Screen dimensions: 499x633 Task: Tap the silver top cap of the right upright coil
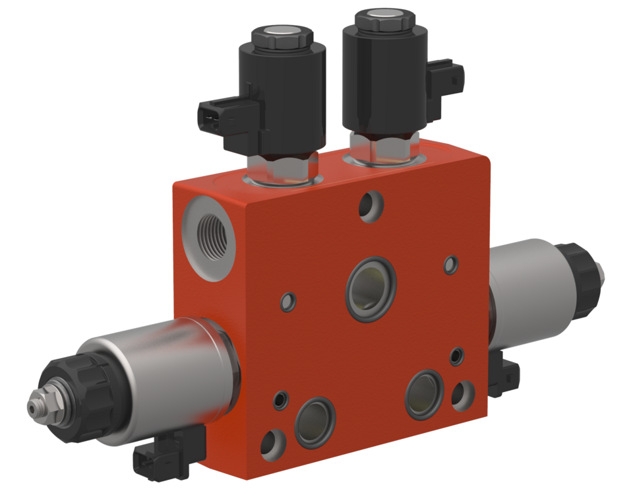[382, 15]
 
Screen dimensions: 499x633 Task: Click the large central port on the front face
[370, 288]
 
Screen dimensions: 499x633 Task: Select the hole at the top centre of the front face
[371, 203]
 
